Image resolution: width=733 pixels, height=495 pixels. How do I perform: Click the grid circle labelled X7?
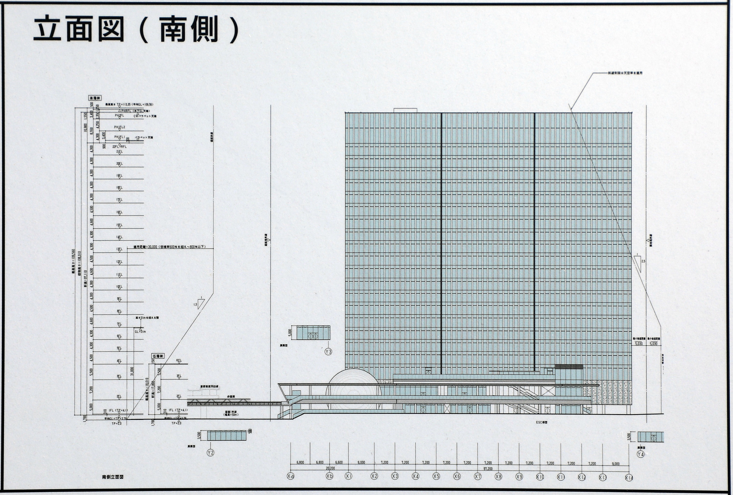tap(477, 476)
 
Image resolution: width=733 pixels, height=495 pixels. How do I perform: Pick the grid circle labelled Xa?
tap(291, 476)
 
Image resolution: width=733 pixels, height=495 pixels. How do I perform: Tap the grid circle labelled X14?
tap(629, 478)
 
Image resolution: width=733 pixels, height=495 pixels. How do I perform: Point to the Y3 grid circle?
tap(328, 351)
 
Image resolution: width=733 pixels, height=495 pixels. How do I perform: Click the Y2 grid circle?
tap(210, 453)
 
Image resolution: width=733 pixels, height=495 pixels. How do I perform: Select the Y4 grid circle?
tap(641, 454)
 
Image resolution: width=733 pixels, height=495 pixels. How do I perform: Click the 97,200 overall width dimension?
tap(488, 469)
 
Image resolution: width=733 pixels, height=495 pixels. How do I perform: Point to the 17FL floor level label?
tap(119, 200)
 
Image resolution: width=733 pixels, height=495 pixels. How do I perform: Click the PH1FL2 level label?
tap(120, 127)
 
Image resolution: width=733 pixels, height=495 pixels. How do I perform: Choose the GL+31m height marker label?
tap(140, 332)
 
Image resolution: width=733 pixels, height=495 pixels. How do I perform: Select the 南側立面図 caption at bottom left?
tap(113, 477)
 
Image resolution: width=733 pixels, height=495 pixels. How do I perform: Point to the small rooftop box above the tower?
tap(405, 110)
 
